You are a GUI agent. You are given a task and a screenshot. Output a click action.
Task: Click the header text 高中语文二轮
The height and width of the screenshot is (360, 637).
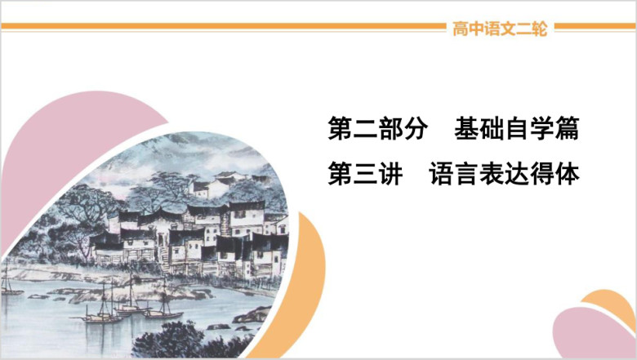click(x=500, y=29)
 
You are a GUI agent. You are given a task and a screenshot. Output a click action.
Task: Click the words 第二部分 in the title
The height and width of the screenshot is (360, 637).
click(x=378, y=128)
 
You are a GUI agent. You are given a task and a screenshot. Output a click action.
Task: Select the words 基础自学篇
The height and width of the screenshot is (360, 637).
click(x=516, y=128)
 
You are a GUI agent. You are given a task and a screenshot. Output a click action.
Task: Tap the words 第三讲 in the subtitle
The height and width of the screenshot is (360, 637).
click(x=365, y=173)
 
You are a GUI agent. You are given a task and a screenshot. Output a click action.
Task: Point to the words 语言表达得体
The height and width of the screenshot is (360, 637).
click(x=504, y=173)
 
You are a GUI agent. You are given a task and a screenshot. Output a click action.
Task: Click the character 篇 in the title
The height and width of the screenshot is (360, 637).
click(x=567, y=128)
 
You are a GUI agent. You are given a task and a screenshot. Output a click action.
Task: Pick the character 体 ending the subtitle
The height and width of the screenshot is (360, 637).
click(x=567, y=173)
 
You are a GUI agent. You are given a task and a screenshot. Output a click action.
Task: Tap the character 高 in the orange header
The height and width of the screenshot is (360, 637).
click(x=461, y=29)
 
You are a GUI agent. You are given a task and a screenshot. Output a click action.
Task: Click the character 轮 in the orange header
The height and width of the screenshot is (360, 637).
click(x=540, y=29)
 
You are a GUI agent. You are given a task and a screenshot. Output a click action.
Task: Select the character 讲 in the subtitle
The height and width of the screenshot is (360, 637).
click(x=390, y=173)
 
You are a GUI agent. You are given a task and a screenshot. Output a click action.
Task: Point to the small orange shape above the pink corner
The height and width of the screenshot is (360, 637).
click(x=609, y=302)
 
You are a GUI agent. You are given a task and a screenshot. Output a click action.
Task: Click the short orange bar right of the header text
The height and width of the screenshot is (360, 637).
click(x=595, y=26)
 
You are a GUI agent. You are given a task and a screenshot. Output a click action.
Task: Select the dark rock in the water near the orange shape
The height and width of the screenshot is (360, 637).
click(x=252, y=315)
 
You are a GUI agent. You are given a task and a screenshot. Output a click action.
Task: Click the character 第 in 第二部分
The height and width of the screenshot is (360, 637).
click(x=340, y=128)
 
